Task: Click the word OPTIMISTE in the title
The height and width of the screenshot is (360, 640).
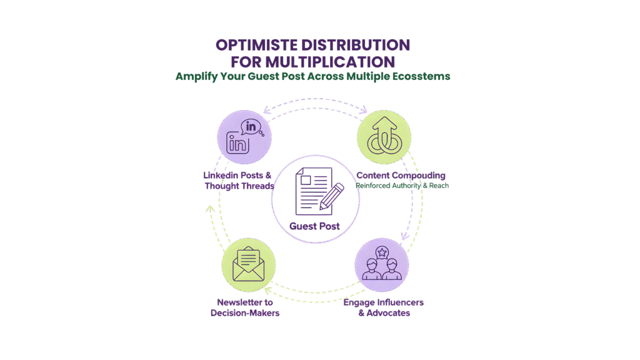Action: [255, 46]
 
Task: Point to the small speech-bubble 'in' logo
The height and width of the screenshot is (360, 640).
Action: [252, 126]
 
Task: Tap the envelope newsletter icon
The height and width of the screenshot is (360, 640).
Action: [248, 265]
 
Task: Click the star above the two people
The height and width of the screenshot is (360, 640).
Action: [382, 252]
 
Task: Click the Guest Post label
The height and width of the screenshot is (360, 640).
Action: [315, 226]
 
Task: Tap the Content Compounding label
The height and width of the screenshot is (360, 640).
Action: [400, 176]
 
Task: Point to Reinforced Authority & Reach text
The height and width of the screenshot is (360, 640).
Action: [402, 186]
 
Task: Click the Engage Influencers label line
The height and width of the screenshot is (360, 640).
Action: [384, 302]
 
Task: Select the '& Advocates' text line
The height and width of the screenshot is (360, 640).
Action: [384, 312]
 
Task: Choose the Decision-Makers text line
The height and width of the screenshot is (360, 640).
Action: [244, 312]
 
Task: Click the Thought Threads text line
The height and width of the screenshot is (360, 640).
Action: [239, 186]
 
